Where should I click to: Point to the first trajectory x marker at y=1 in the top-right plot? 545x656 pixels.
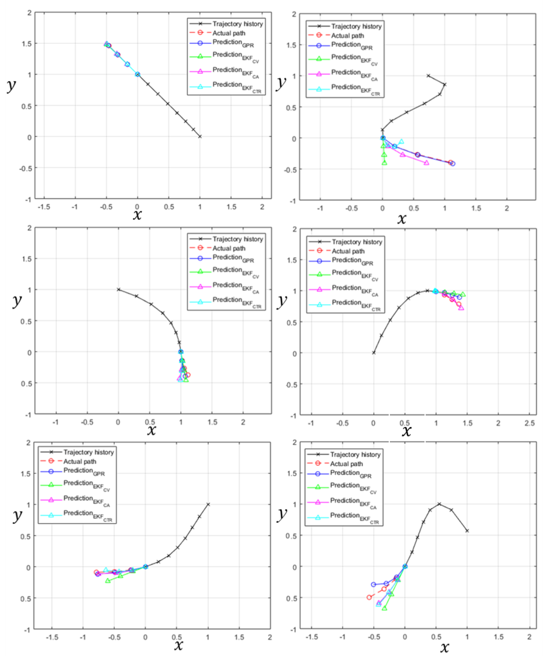[428, 76]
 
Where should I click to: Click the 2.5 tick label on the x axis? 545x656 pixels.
[529, 423]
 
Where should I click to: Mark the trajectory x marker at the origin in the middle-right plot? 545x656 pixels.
[374, 353]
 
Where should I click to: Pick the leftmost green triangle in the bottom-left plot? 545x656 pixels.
[108, 581]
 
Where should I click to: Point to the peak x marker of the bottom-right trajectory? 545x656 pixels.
[439, 504]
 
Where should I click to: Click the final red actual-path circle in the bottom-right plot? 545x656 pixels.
[369, 597]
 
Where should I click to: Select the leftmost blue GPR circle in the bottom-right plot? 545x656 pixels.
[373, 584]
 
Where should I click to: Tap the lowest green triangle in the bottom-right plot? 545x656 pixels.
[385, 608]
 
